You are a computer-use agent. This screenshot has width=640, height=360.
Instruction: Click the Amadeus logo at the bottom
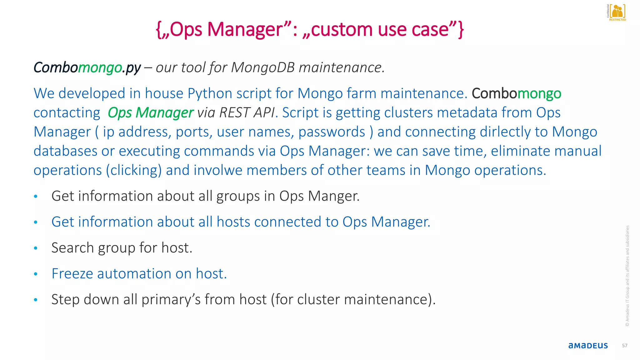(x=588, y=346)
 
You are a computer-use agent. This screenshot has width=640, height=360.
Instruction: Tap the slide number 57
(x=624, y=346)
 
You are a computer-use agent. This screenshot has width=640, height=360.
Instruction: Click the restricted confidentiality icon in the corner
(x=617, y=12)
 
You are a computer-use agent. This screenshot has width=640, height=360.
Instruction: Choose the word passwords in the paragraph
(x=332, y=132)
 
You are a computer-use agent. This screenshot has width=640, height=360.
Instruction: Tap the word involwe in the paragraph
(x=218, y=170)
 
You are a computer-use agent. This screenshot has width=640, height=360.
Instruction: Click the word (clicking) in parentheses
(x=134, y=171)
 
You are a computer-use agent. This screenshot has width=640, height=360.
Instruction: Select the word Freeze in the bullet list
(x=72, y=274)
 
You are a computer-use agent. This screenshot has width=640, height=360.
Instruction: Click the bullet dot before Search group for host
(x=36, y=248)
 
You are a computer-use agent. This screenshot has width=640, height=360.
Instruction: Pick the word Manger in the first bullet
(x=333, y=196)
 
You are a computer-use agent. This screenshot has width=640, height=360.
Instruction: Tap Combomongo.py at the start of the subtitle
(x=87, y=68)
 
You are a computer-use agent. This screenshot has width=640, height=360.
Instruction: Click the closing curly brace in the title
(x=461, y=30)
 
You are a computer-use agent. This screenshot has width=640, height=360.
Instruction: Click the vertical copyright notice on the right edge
(x=627, y=276)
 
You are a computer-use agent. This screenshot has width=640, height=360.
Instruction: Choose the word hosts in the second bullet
(x=233, y=222)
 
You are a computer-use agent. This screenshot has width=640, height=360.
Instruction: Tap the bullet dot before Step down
(x=36, y=300)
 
